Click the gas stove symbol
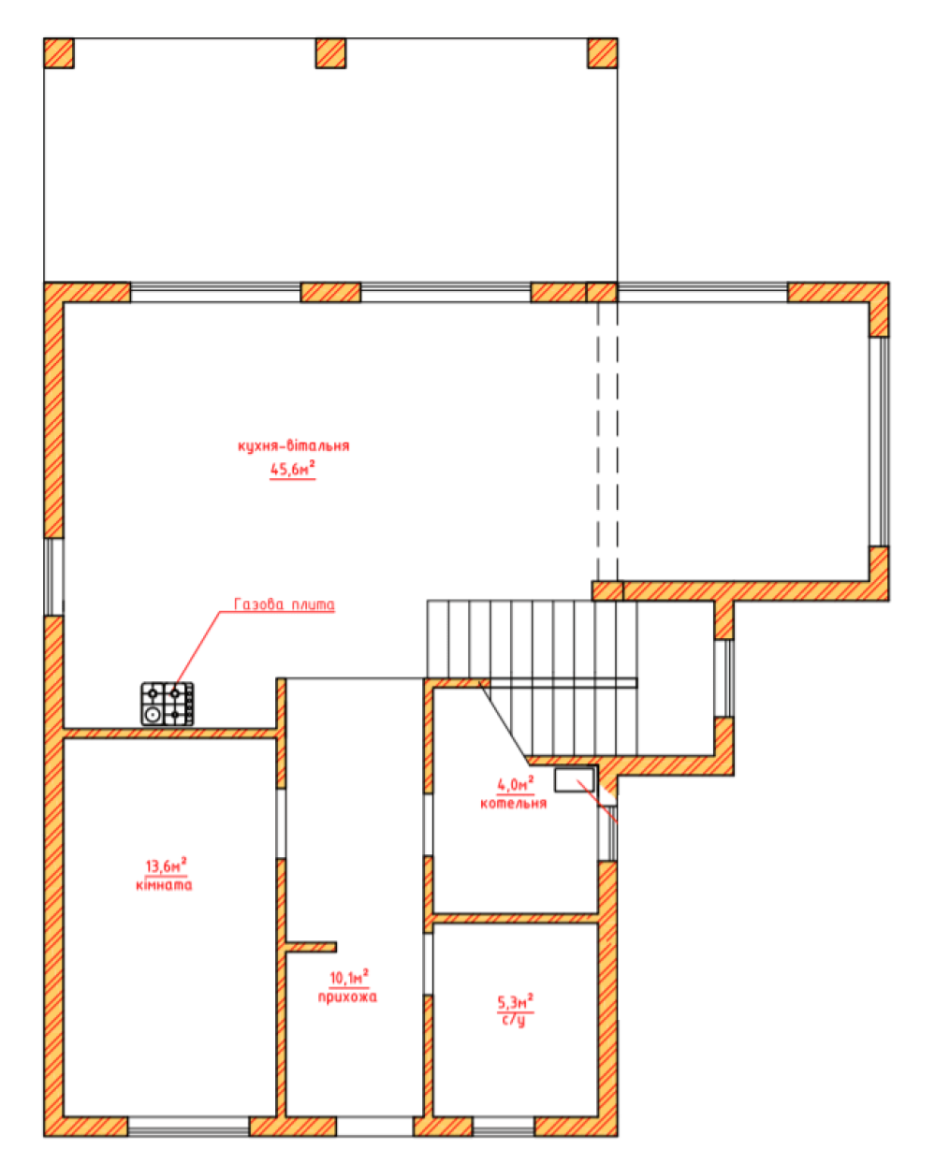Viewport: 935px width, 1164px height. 168,703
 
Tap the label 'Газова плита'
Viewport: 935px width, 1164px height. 285,604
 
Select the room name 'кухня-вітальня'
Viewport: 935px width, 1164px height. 294,445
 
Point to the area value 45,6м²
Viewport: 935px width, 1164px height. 292,469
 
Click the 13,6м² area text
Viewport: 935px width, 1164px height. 166,866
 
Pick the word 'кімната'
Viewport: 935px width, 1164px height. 164,885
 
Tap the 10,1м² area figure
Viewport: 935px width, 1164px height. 349,977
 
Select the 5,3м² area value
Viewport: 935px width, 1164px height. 515,1002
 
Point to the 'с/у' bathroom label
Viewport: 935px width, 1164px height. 514,1020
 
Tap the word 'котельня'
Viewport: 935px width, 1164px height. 514,803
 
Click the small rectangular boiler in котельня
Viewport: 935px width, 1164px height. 574,780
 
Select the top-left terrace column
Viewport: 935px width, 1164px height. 58,53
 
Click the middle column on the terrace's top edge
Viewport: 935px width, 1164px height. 330,53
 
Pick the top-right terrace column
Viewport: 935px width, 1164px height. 602,53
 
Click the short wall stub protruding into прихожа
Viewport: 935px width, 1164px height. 311,947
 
